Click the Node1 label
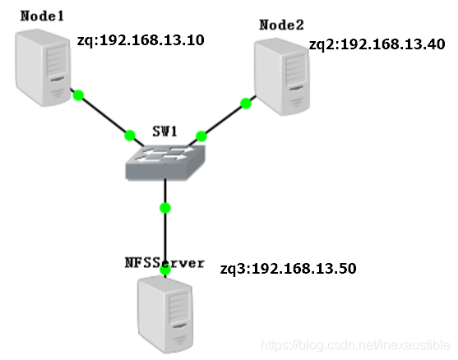[x=42, y=16]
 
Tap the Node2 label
[x=281, y=25]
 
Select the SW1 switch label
[x=165, y=132]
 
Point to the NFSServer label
[x=164, y=263]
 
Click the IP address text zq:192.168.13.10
[x=141, y=40]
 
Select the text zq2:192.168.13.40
[x=377, y=44]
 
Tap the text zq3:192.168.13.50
[x=288, y=269]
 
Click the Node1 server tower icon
[x=44, y=67]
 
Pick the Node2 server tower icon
[x=282, y=76]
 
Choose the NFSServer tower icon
[x=165, y=315]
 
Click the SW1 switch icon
[x=165, y=163]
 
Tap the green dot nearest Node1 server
[x=78, y=95]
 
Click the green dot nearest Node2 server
[x=246, y=104]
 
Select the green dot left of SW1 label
[x=130, y=136]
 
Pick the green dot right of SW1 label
[x=201, y=136]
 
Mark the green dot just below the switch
[x=165, y=208]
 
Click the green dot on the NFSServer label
[x=165, y=270]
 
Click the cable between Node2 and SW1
[x=222, y=121]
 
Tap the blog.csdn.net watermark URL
[x=355, y=345]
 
